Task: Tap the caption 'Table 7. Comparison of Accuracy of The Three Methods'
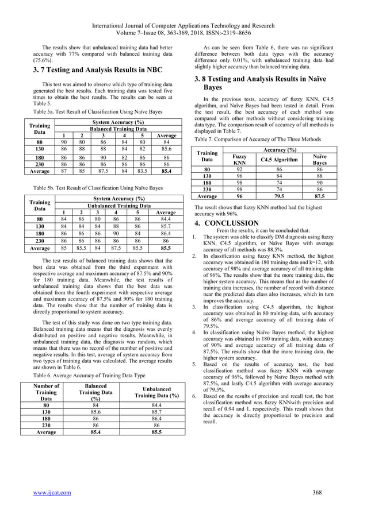[257, 139]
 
